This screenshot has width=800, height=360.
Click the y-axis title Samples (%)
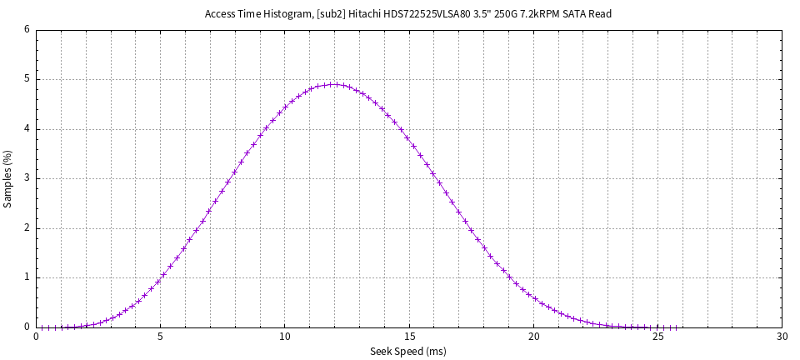(x=8, y=178)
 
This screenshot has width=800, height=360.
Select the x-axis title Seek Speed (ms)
(x=408, y=352)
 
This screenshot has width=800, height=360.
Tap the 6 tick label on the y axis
(x=27, y=30)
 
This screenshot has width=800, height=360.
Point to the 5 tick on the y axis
(x=27, y=80)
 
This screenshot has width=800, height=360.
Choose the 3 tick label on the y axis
(x=27, y=178)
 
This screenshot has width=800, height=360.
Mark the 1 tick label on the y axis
(x=27, y=277)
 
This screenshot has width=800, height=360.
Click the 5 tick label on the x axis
(x=161, y=337)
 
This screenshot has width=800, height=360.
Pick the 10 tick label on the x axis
(x=285, y=337)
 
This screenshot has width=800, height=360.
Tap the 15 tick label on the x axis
(x=409, y=337)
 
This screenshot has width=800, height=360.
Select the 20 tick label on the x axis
(x=533, y=337)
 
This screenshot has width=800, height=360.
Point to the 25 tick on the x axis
(x=657, y=337)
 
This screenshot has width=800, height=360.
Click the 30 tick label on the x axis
(x=782, y=337)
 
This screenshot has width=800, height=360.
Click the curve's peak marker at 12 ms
(x=334, y=84)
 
